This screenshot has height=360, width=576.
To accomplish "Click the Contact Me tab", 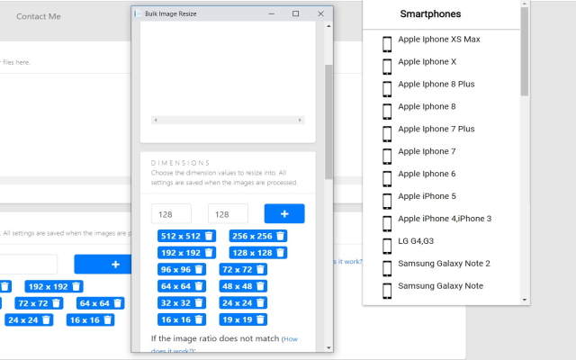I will point(39,16).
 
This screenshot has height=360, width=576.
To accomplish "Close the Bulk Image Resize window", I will point(320,13).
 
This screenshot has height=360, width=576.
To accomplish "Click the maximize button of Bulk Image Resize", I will point(295,13).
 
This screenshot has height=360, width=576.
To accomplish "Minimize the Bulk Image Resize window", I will point(270,13).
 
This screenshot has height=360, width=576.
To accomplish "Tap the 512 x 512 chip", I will point(180,236).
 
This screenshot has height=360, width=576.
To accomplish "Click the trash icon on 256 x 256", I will point(281,236).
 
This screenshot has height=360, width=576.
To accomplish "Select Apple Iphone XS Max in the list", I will point(438,40).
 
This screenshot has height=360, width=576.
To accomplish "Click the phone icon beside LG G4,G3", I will point(387,241).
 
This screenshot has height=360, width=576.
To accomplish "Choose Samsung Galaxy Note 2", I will point(444,264).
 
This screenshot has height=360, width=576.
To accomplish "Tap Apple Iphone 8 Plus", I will point(436,85).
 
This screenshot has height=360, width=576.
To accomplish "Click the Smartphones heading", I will point(430,14).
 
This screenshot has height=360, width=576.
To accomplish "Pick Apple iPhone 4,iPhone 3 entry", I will point(445,219).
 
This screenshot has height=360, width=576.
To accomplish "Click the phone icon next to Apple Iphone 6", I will point(387,174).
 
